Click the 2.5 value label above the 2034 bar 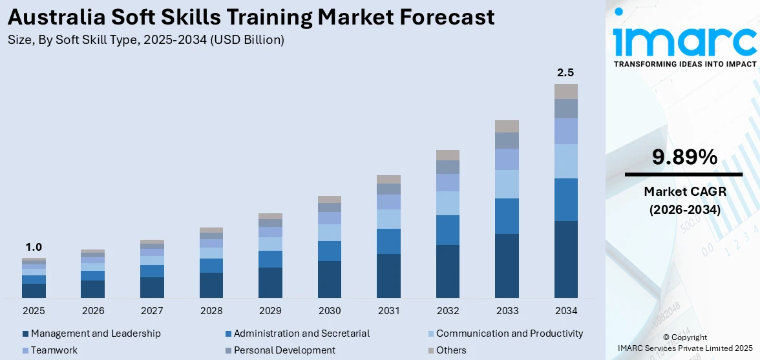pos(565,72)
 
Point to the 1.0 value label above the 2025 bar pos(34,247)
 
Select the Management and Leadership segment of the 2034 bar pos(565,259)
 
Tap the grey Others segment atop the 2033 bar pos(507,126)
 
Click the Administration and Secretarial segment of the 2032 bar pos(447,230)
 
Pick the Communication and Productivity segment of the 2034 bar pos(565,161)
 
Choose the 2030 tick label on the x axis pos(330,311)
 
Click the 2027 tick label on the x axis pos(152,311)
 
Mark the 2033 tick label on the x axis pos(507,311)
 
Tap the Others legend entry pos(450,350)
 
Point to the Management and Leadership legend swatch pos(25,334)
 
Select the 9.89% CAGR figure pos(684,157)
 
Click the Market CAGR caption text pos(684,191)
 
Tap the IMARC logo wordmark pos(684,40)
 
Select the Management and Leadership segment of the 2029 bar pos(270,282)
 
